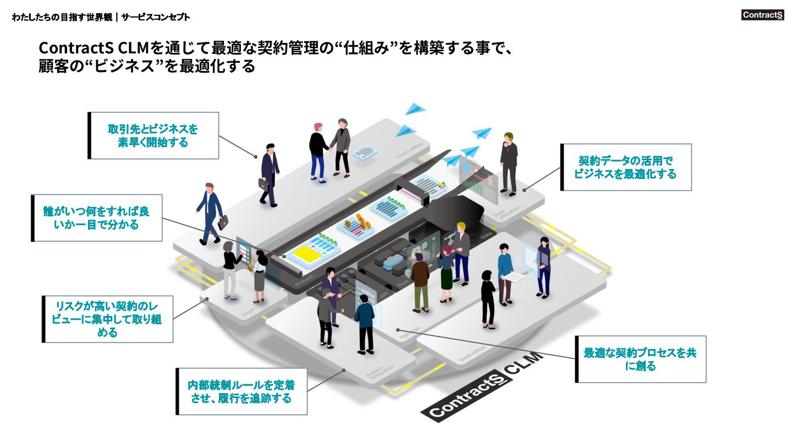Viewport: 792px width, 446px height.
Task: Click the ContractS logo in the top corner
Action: [762, 15]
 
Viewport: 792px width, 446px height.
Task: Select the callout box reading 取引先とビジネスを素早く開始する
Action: [153, 135]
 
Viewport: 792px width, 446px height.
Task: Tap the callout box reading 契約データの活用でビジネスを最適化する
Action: [626, 167]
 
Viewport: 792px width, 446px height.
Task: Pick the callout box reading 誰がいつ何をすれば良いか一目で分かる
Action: [97, 217]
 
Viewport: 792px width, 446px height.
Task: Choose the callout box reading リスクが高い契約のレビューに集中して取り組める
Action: [108, 319]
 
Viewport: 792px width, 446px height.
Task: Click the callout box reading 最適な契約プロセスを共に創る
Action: [640, 359]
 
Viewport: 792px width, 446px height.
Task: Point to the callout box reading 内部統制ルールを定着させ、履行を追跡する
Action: [241, 391]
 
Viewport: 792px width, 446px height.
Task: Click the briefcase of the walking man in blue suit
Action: [223, 223]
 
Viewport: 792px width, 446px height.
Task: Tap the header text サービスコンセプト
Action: [156, 17]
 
